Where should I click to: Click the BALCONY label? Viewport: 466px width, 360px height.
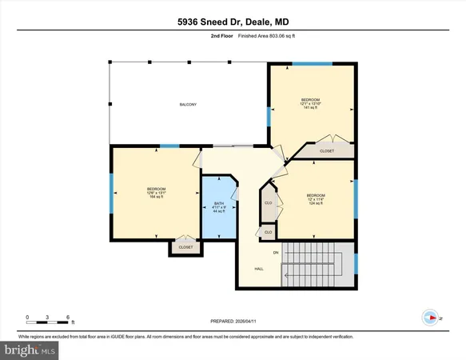(x=188, y=105)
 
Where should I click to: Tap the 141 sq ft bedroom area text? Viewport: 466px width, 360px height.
(x=311, y=107)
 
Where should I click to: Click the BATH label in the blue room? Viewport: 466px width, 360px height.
(x=218, y=204)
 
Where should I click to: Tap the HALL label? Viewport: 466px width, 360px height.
(x=259, y=269)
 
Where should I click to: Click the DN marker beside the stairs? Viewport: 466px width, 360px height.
(x=276, y=253)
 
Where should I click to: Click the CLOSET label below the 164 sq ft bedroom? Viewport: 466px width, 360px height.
(x=185, y=248)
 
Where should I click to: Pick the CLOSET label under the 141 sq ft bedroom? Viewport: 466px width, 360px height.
(x=327, y=150)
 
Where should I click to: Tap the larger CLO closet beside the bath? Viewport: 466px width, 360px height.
(x=269, y=203)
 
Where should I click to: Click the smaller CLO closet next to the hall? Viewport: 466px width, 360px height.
(x=268, y=232)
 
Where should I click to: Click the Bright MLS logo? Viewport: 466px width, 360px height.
(x=30, y=350)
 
